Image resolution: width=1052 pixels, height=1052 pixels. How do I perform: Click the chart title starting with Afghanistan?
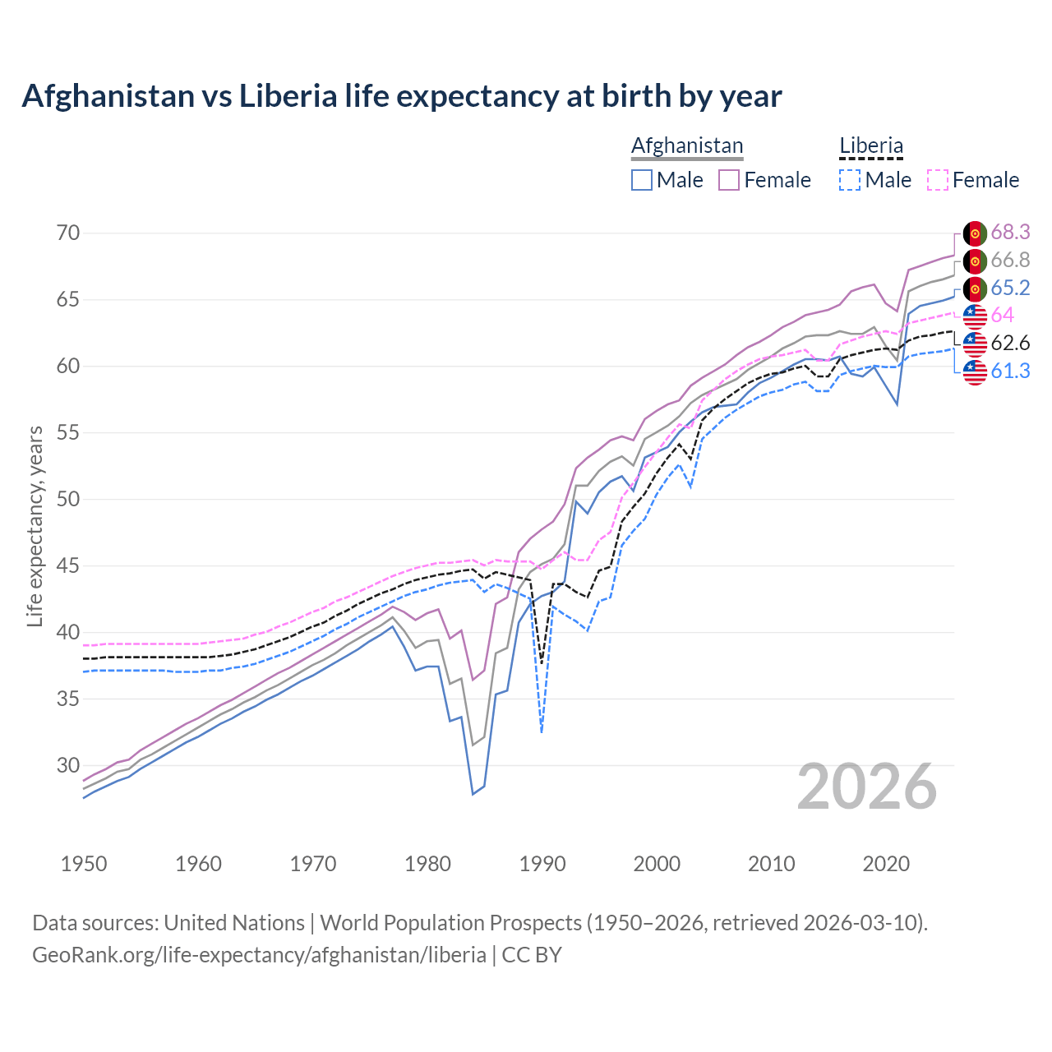[401, 96]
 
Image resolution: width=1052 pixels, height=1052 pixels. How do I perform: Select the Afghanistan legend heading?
[687, 145]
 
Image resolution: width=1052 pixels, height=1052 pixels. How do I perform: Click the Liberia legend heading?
[871, 145]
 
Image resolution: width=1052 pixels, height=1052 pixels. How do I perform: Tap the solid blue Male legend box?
[642, 180]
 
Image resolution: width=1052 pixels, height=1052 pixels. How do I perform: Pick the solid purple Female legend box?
[730, 180]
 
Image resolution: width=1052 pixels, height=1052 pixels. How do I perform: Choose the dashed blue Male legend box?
[850, 180]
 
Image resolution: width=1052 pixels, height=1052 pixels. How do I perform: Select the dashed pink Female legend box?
[938, 180]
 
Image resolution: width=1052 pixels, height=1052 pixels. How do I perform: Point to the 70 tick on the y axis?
[68, 233]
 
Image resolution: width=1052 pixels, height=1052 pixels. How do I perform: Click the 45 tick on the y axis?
[68, 566]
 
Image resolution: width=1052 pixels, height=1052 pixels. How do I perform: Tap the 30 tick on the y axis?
[68, 766]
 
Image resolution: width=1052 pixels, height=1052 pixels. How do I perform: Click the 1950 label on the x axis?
[84, 864]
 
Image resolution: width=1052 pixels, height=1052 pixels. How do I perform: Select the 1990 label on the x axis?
[542, 864]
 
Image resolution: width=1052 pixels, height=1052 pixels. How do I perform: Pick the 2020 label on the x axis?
[886, 864]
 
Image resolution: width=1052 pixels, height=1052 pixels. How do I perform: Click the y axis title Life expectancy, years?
[35, 526]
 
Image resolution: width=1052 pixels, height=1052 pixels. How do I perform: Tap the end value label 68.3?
[1010, 233]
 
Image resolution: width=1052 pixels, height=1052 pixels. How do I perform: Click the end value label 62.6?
[1010, 343]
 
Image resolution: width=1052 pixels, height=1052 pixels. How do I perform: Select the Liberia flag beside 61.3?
[975, 371]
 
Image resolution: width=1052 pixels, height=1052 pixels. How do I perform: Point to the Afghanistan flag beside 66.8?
[975, 261]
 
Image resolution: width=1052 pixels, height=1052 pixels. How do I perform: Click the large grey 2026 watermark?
[867, 787]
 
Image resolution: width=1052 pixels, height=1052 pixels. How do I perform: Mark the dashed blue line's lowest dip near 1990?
[542, 731]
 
